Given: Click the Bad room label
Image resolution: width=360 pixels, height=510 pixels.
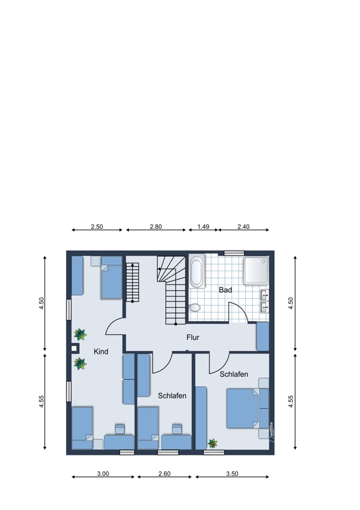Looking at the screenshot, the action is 225,290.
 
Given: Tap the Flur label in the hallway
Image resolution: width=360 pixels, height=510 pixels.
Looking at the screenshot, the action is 193,337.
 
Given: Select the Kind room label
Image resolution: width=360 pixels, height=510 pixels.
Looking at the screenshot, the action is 101,351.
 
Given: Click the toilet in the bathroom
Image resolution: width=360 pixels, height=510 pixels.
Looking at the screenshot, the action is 195,307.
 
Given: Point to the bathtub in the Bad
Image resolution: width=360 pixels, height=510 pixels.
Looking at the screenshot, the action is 197,271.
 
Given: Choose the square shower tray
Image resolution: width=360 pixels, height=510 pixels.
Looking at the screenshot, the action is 256,270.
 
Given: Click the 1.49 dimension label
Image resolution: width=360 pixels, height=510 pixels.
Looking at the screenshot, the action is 203,227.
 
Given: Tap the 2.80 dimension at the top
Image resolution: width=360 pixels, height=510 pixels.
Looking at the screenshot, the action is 156,227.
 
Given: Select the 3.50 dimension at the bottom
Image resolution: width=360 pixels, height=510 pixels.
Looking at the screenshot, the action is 232,473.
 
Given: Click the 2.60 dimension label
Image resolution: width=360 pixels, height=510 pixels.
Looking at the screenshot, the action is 164,473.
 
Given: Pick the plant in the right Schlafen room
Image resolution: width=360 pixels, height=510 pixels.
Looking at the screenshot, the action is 212,443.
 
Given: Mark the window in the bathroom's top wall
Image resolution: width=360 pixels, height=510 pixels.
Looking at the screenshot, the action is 234,253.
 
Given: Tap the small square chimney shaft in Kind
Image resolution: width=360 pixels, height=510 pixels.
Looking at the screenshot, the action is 74,349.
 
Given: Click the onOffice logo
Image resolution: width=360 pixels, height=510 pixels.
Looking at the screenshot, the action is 272,432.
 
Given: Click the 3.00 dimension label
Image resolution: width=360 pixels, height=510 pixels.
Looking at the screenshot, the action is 103,473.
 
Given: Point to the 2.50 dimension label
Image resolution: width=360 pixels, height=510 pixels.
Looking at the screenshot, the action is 97,227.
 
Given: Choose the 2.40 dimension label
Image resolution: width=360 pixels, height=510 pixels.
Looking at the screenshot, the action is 243,227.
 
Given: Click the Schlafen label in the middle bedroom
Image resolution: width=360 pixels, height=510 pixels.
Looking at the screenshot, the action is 172,396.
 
